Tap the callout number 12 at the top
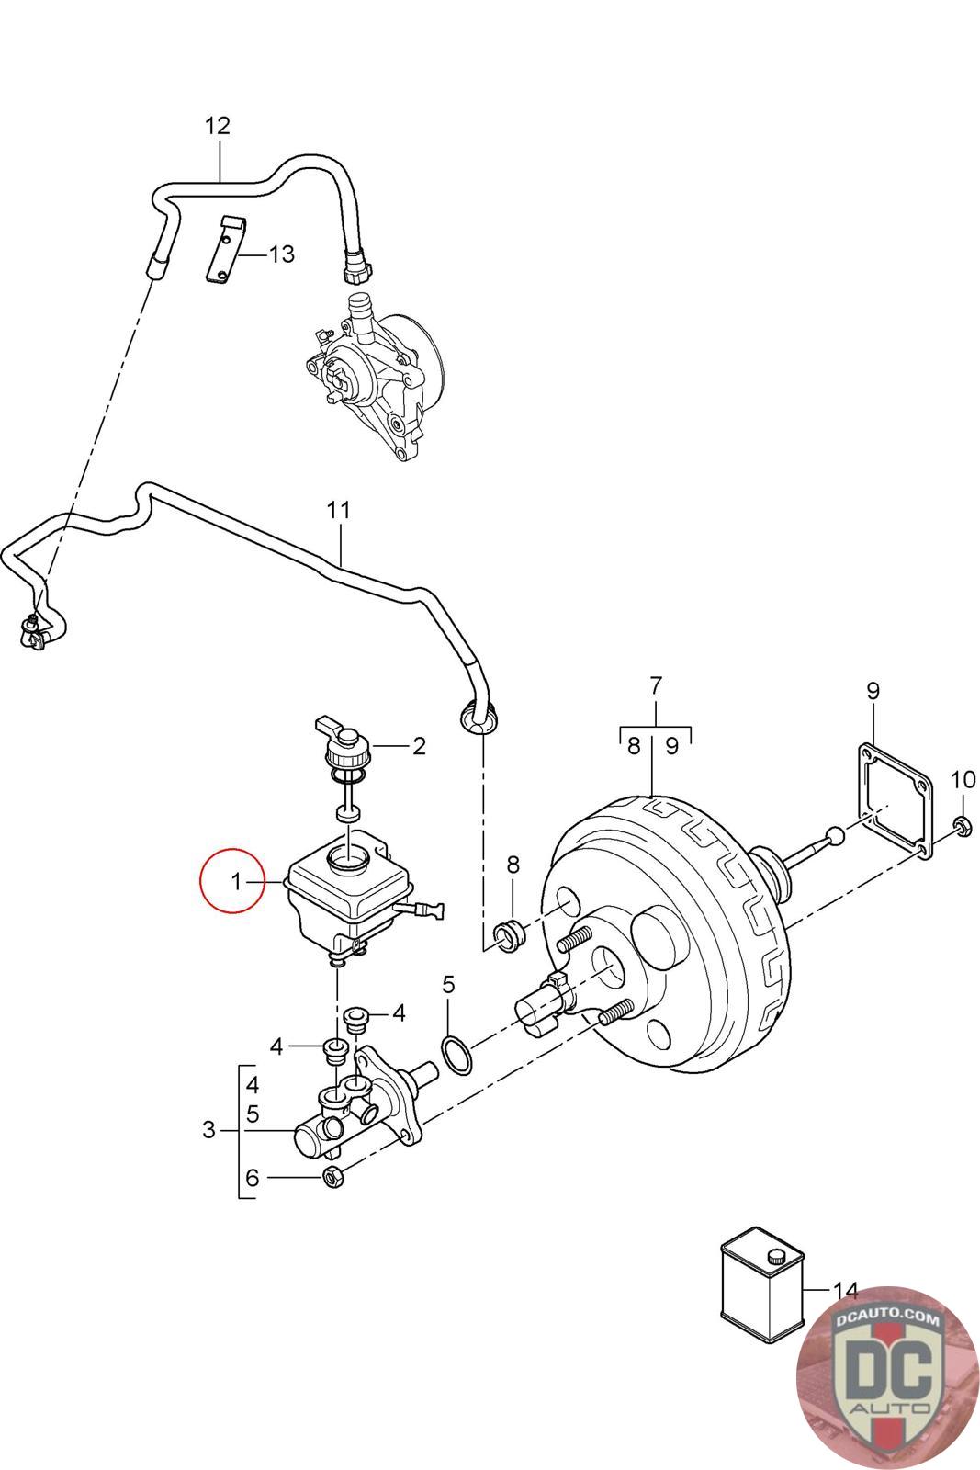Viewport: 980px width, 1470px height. tap(217, 125)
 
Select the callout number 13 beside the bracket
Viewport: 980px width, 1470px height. tap(281, 254)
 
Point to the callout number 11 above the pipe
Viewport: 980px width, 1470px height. tap(339, 510)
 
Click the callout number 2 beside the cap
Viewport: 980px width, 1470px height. tap(419, 745)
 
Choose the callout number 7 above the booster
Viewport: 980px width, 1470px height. tap(655, 685)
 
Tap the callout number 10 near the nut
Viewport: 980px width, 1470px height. tap(963, 780)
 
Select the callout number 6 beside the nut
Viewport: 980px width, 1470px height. tap(253, 1176)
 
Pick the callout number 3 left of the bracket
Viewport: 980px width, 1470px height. tap(208, 1129)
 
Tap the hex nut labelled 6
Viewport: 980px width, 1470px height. tap(334, 1176)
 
